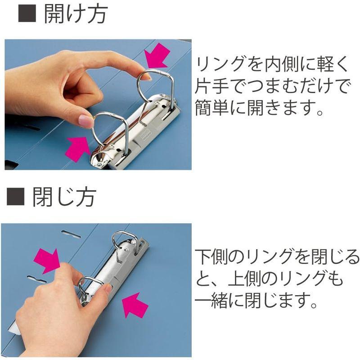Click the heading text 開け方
coord(76,15)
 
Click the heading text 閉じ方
coord(64,198)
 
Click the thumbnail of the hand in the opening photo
coord(85,121)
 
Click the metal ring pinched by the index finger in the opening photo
coord(155,85)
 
